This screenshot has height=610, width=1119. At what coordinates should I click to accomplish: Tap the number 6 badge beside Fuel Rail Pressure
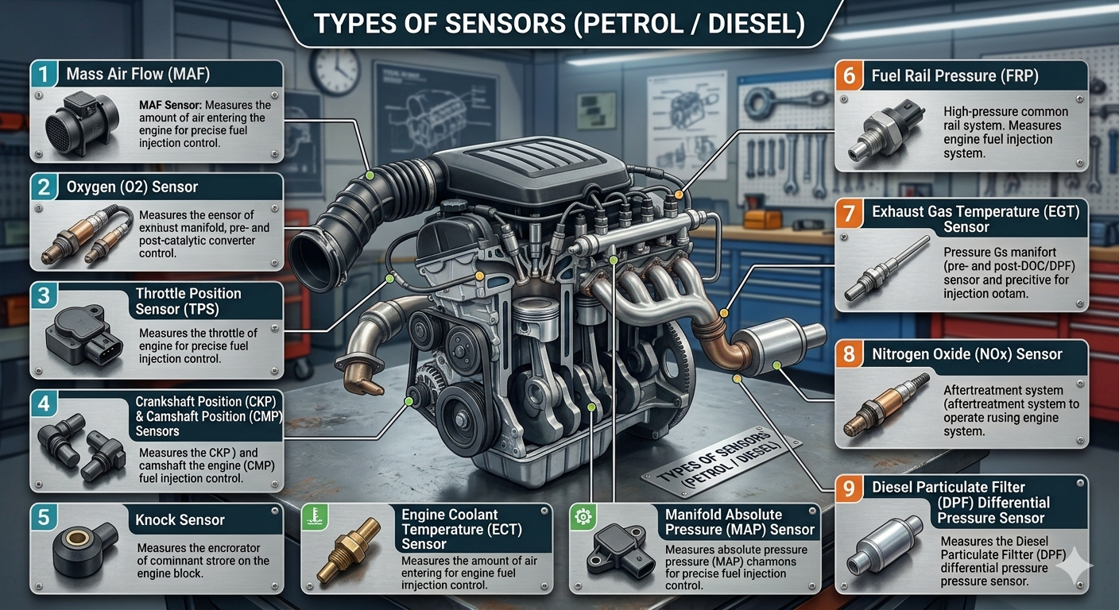[x=849, y=76]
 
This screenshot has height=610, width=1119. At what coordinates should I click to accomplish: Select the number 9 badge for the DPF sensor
[x=849, y=488]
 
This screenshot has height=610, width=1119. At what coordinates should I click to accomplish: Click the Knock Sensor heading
[x=180, y=520]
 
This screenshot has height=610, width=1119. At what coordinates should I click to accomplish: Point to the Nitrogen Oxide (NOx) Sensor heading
[x=966, y=354]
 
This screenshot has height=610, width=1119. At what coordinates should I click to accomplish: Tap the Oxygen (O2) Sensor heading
[x=132, y=187]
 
